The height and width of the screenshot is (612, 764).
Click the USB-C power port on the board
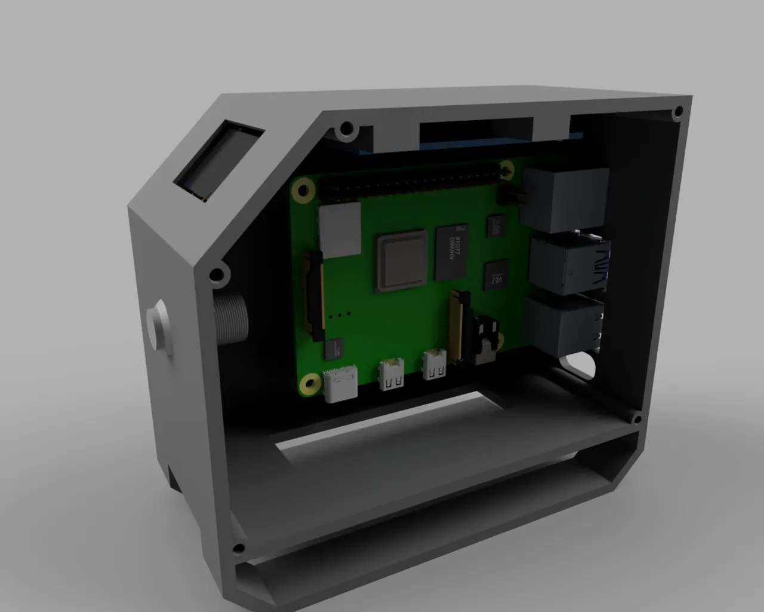pyautogui.click(x=341, y=386)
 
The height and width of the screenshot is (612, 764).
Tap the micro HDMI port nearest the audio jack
pyautogui.click(x=434, y=366)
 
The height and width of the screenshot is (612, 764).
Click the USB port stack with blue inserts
pyautogui.click(x=569, y=265)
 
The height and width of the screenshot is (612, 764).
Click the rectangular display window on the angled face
pyautogui.click(x=220, y=160)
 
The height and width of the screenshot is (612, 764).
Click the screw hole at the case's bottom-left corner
pyautogui.click(x=239, y=548)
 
